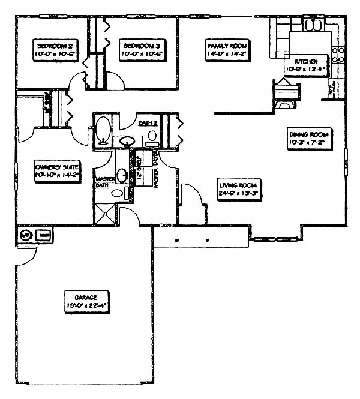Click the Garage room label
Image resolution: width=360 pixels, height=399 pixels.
point(85,300)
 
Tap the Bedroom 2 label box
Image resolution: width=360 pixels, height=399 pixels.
point(55,49)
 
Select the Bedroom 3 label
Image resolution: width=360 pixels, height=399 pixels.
point(142,49)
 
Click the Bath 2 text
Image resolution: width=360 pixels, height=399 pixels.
point(148,123)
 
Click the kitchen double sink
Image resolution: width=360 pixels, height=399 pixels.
point(314,25)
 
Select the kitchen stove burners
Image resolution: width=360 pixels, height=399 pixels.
point(338,55)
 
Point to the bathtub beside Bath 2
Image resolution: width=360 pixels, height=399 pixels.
point(103,129)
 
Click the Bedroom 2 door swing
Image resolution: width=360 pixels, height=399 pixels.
point(78,79)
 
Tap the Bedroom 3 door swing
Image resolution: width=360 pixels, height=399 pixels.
point(115,80)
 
